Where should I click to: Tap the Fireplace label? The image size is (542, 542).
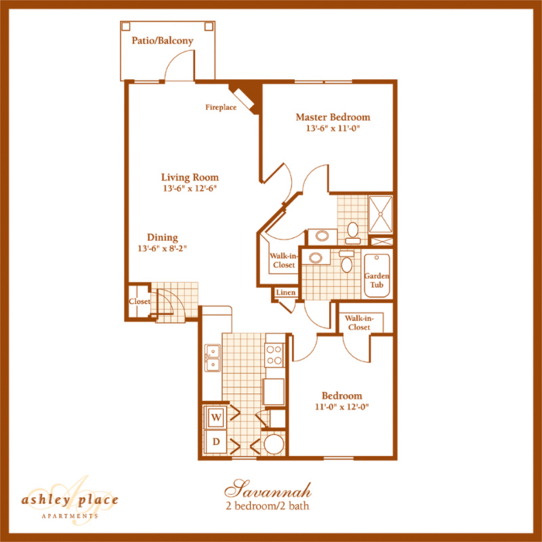[221, 107]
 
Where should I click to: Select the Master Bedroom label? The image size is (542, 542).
[333, 117]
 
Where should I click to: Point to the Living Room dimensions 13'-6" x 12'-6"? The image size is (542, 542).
[190, 188]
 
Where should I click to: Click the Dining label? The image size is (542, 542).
[163, 237]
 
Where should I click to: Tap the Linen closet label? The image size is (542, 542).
[285, 292]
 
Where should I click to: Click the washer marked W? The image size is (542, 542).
[215, 417]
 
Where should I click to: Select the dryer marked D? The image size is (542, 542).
[215, 443]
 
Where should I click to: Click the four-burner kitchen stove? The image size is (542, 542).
[274, 354]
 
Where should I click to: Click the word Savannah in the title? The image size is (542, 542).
[268, 489]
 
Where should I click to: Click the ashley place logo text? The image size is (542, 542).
[70, 499]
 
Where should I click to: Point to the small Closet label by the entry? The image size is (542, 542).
[140, 302]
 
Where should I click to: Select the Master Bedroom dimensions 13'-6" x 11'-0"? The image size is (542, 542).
[333, 129]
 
